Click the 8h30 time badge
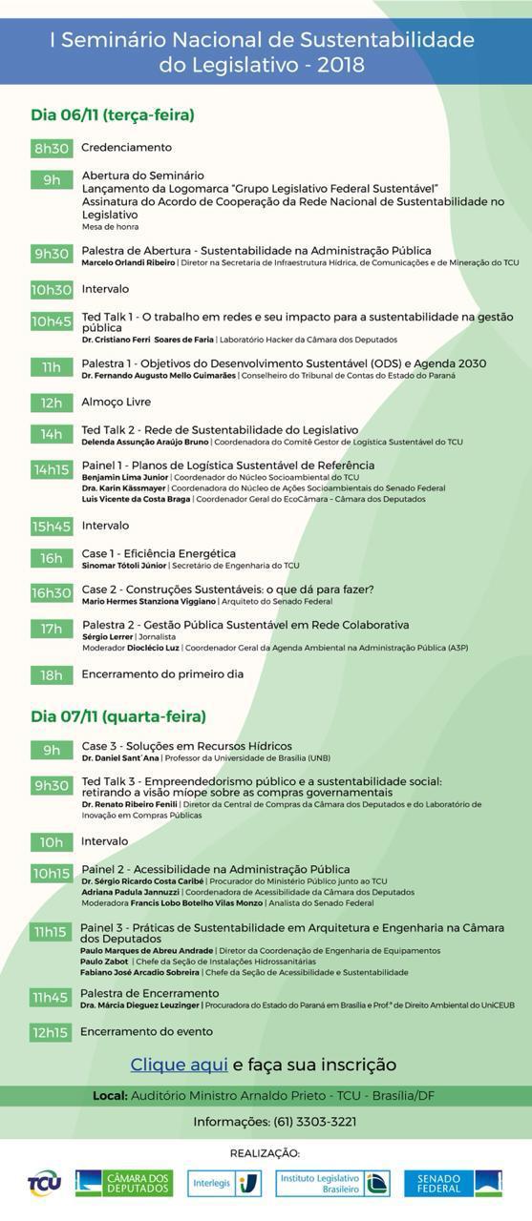[x=52, y=148]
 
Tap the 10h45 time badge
[x=52, y=321]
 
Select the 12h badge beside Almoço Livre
[x=52, y=403]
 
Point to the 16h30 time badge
[x=52, y=593]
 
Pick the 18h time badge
[x=52, y=675]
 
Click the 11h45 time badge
[x=51, y=998]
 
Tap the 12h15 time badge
[x=51, y=1032]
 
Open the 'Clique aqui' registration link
[x=179, y=1065]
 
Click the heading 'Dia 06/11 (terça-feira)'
[x=113, y=115]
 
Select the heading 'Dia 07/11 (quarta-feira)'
[x=118, y=716]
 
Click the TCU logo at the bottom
[x=44, y=1184]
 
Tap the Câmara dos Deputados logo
[x=124, y=1183]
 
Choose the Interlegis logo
[x=224, y=1183]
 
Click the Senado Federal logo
[x=453, y=1183]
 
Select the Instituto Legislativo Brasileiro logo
[x=332, y=1183]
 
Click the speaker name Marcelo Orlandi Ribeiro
[x=128, y=262]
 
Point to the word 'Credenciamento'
[x=127, y=148]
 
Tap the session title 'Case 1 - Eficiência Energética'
[x=159, y=553]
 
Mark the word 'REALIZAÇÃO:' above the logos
[x=265, y=1153]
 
